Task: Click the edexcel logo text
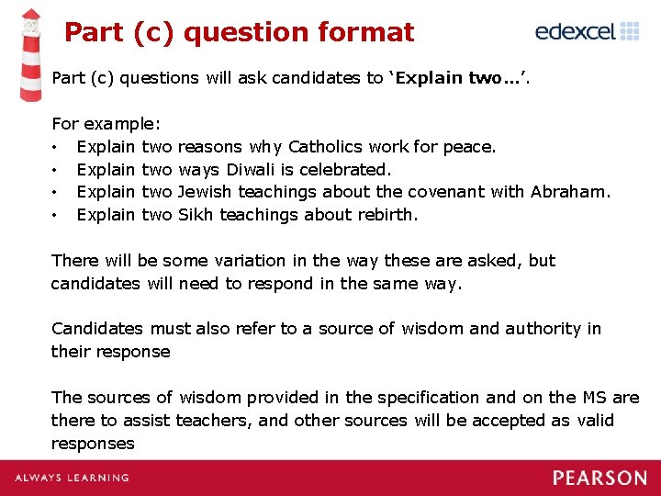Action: coord(575,32)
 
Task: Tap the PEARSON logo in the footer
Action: coord(599,478)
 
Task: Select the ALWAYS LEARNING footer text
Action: coord(72,478)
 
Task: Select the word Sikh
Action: coord(195,215)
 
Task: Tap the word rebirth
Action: coord(386,215)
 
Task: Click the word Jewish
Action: coord(205,192)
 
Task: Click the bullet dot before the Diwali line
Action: coord(56,170)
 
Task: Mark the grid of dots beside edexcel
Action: coord(630,31)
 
